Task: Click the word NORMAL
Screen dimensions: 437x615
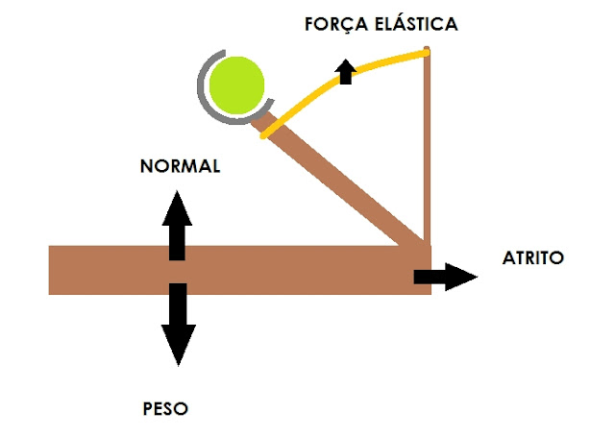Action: click(x=180, y=166)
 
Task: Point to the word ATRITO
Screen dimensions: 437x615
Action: click(x=534, y=258)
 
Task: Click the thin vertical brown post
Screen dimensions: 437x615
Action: click(x=427, y=144)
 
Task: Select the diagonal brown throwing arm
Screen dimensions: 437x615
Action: click(x=346, y=182)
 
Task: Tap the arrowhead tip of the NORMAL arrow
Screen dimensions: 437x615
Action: click(x=177, y=192)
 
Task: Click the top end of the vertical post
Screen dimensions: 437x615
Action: click(x=428, y=50)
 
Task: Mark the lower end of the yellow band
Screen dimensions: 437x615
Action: click(x=263, y=135)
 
